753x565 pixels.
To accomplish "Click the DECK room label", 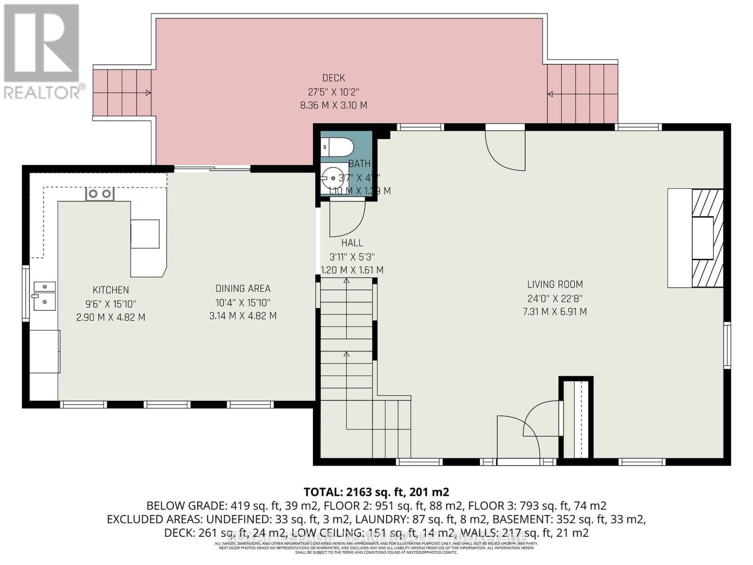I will tap(334, 78).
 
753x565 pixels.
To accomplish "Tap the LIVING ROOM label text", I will tap(555, 284).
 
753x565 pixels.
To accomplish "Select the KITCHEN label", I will tap(111, 290).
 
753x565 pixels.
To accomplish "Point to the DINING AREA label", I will tap(243, 289).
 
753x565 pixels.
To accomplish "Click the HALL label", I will tap(352, 243).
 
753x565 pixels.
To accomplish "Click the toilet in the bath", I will tap(337, 147).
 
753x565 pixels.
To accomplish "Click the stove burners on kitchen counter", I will tap(99, 194).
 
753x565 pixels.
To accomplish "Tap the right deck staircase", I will tap(582, 94).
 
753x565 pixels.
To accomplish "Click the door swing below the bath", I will tap(346, 218).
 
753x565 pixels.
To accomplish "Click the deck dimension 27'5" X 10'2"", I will tap(334, 92).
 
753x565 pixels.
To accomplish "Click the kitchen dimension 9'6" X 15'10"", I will tap(111, 304).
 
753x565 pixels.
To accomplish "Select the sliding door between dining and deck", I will tap(212, 169).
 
